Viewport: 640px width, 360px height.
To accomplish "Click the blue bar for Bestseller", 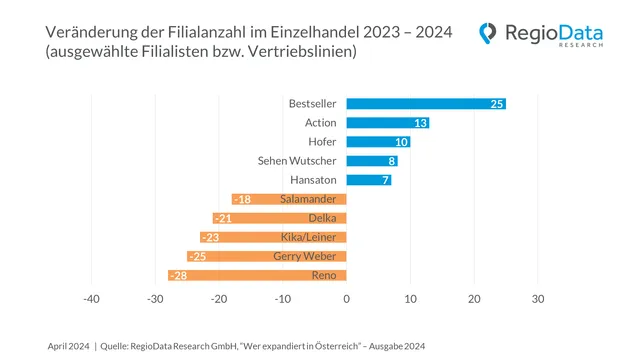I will coord(425,104).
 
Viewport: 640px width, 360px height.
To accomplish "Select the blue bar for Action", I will coord(387,123).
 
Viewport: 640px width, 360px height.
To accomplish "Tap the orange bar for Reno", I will coord(257,275).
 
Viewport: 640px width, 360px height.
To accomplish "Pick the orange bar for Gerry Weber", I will coord(266,256).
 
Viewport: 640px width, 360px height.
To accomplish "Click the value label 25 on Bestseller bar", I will coord(496,104).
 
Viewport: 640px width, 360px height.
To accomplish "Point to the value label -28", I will coord(180,275).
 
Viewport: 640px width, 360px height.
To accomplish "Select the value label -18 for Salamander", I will coord(243,199).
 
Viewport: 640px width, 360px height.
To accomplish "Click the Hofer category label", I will coord(323,142).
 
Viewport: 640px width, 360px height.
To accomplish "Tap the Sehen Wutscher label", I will coord(298,161).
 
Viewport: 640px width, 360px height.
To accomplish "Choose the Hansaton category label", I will coord(313,180).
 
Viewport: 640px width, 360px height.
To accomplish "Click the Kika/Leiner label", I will coord(309,237).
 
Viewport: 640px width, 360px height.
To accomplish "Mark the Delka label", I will coord(322,218).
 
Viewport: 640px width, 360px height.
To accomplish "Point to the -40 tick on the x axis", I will coord(91,299).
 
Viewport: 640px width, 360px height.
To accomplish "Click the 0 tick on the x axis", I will coord(346,299).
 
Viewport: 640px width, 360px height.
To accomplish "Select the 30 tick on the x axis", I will coord(537,299).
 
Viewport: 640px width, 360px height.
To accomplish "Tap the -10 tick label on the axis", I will coord(282,299).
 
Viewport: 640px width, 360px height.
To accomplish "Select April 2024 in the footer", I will coord(68,345).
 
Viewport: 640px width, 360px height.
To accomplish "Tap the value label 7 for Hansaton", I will coord(384,180).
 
